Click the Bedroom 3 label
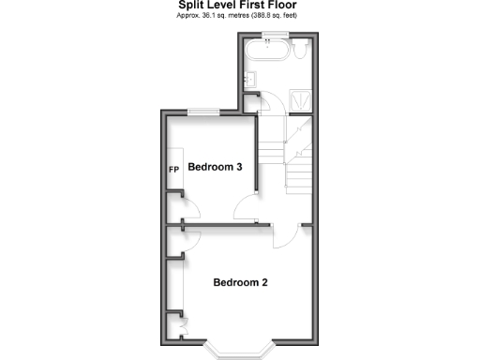click(x=216, y=168)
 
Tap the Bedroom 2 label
click(x=241, y=282)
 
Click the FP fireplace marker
click(x=173, y=170)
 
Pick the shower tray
click(x=301, y=96)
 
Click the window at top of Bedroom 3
click(x=202, y=112)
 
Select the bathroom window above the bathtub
click(x=274, y=35)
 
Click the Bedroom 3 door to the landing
click(x=247, y=209)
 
